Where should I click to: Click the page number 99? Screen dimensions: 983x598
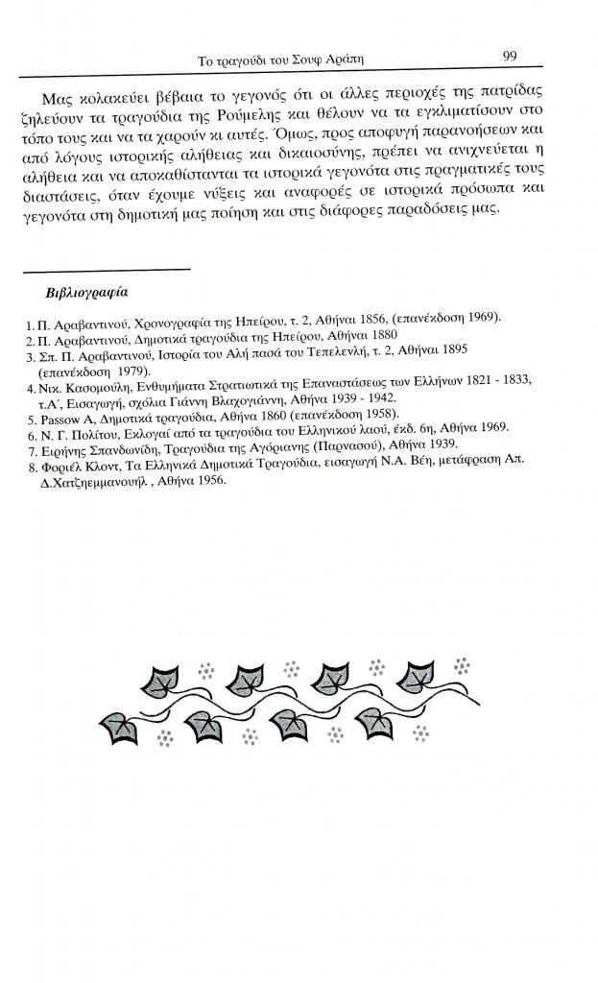click(x=510, y=57)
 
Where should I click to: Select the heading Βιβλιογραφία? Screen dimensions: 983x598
click(x=87, y=291)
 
